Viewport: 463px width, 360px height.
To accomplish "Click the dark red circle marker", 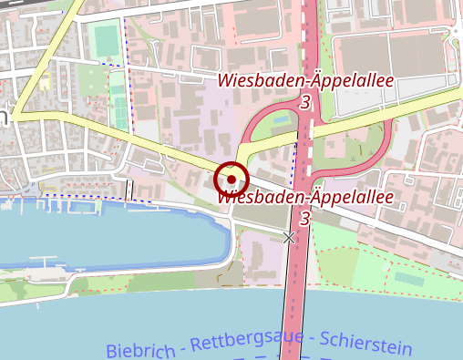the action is pyautogui.click(x=231, y=179).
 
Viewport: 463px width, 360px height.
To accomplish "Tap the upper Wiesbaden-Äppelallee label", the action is pyautogui.click(x=305, y=80).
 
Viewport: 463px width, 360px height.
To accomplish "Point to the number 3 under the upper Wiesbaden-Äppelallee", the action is pyautogui.click(x=304, y=102).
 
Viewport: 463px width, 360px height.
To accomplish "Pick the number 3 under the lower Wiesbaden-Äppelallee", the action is pyautogui.click(x=304, y=220).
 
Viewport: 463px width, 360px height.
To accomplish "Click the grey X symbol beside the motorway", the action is pyautogui.click(x=290, y=238).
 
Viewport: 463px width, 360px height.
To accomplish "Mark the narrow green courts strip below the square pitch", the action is pyautogui.click(x=118, y=101).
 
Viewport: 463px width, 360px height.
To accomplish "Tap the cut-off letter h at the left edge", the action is pyautogui.click(x=4, y=116).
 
